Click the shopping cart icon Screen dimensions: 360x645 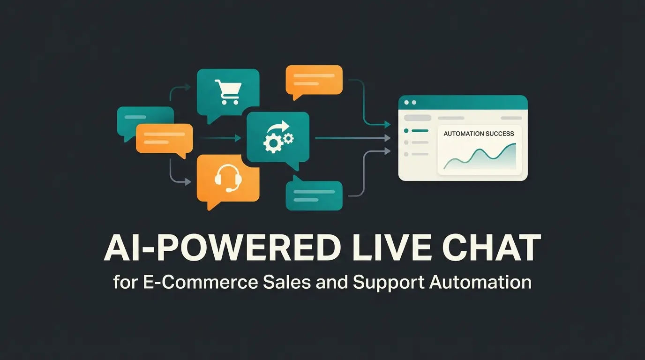point(227,92)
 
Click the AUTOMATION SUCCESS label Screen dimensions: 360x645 point(479,134)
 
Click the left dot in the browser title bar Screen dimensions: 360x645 point(406,102)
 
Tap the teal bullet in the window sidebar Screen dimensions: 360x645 point(406,131)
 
